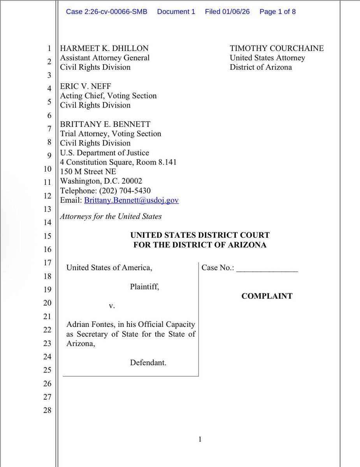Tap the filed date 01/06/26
point(236,12)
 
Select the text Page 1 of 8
point(277,12)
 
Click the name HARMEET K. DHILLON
point(104,49)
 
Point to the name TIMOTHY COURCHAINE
point(277,49)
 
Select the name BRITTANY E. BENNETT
point(105,125)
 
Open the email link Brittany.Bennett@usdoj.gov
point(131,200)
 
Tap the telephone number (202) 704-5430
point(126,191)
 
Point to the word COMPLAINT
point(267,296)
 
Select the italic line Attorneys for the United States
point(111,216)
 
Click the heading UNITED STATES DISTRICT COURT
point(200,235)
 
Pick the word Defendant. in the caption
point(148,363)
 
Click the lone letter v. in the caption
point(112,306)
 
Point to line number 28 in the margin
point(47,410)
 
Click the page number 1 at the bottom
point(200,440)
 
